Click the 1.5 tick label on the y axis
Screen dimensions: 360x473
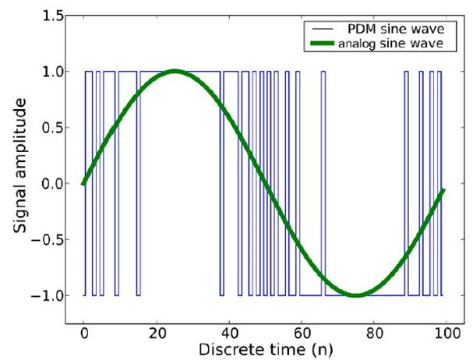coord(51,16)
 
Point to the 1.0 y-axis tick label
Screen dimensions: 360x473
coord(51,72)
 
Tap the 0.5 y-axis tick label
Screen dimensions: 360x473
coord(51,128)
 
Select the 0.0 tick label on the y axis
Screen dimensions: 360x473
coord(51,184)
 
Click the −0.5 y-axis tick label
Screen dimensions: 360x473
coord(48,240)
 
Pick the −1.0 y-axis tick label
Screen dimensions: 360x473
coord(48,296)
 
